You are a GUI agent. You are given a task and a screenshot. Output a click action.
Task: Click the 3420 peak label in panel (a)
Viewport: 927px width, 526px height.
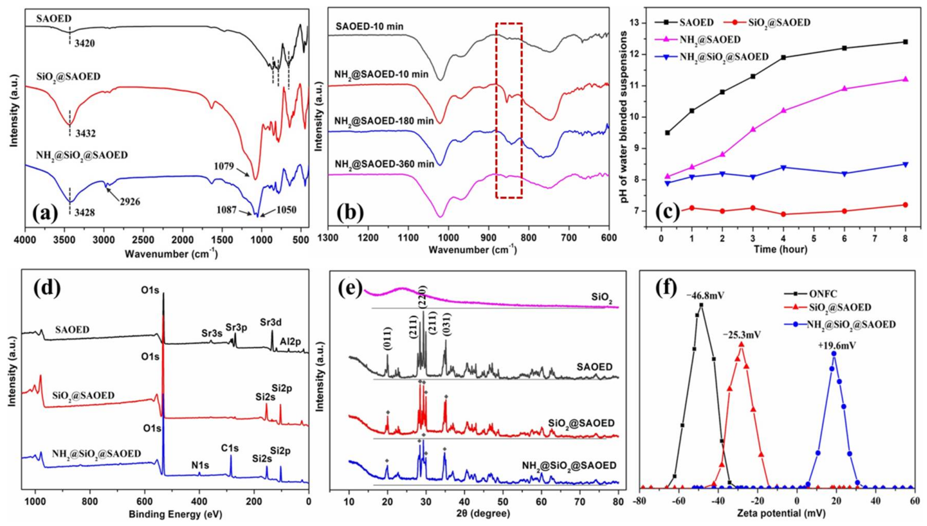85,44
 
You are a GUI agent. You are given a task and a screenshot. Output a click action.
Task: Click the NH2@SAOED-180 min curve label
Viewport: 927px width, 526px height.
384,121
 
